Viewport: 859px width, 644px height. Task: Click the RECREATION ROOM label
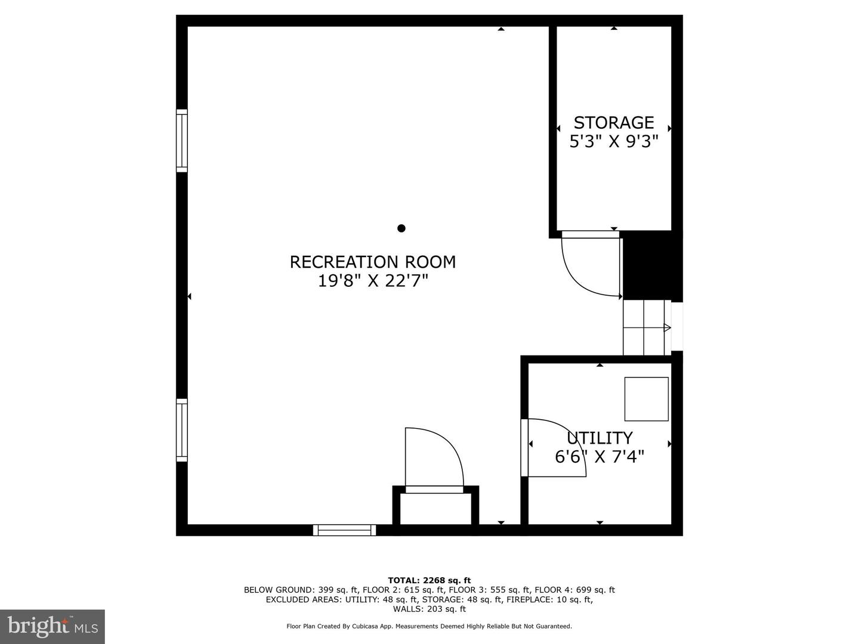(373, 262)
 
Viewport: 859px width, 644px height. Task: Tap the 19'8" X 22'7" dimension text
(373, 281)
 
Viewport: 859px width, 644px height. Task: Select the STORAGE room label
(614, 123)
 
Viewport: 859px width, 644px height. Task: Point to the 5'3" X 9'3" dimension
(614, 141)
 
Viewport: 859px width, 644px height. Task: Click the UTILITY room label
(600, 438)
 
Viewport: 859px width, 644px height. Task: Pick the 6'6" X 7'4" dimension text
(600, 456)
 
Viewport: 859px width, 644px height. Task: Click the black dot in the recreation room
(401, 228)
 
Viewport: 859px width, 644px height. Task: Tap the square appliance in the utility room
(646, 399)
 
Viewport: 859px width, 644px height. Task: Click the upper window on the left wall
(181, 141)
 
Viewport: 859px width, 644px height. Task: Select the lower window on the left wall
(181, 430)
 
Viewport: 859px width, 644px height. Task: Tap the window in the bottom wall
(344, 530)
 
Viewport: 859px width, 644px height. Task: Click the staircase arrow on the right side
(668, 328)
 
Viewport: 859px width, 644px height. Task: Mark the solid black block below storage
(652, 266)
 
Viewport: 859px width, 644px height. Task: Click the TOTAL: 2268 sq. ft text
(429, 580)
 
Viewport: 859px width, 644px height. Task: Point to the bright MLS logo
(52, 627)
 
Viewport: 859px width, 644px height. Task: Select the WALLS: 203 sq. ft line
(429, 609)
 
